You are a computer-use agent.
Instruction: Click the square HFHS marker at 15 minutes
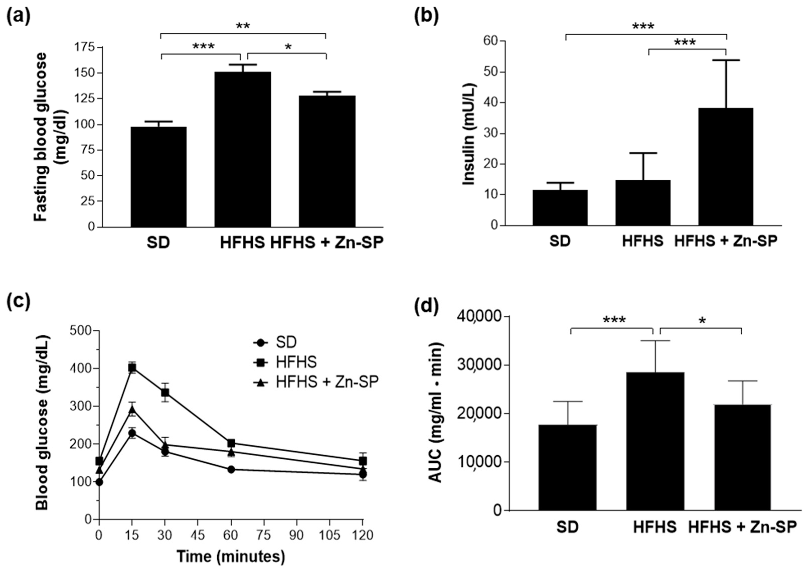coord(132,368)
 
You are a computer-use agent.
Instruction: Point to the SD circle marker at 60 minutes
coord(231,469)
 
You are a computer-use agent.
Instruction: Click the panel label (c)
coord(18,301)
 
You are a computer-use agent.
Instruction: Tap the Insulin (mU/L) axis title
coord(469,134)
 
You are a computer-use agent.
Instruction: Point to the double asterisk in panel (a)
coord(243,26)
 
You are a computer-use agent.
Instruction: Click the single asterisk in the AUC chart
coord(702,321)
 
